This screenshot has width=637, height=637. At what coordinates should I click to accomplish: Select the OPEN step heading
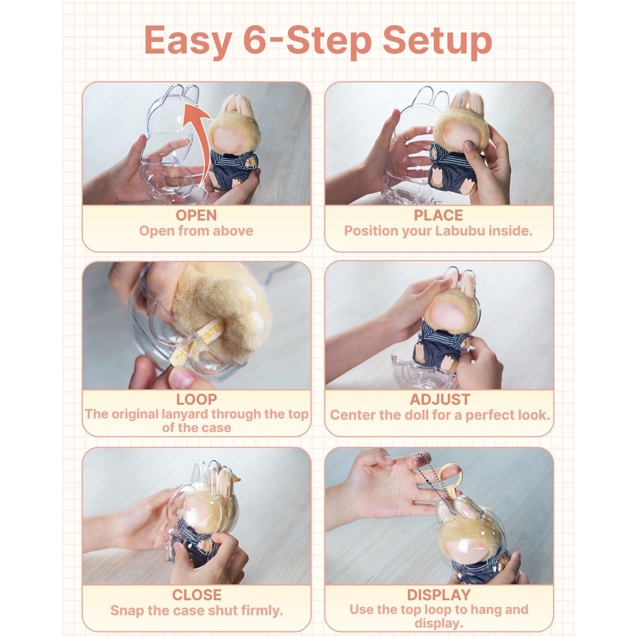[x=196, y=215]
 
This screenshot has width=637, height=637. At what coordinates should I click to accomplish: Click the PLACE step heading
[x=438, y=215]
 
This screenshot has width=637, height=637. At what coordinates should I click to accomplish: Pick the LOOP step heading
[x=196, y=400]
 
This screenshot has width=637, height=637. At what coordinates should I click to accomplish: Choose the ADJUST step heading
[x=440, y=400]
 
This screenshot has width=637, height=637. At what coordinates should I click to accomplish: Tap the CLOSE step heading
[x=196, y=595]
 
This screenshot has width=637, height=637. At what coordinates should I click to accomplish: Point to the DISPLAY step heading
[x=439, y=595]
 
